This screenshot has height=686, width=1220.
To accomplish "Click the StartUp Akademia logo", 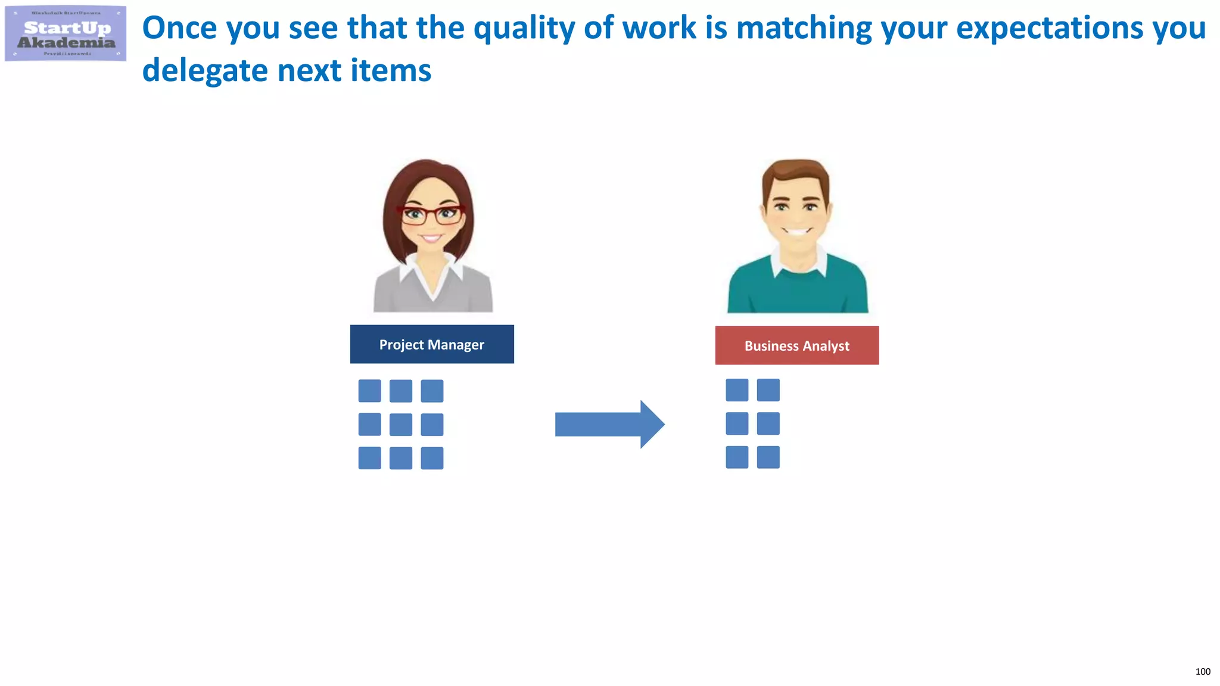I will pyautogui.click(x=66, y=33).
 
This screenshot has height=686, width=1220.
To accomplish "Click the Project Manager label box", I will pyautogui.click(x=432, y=344).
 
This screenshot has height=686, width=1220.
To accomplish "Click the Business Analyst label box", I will pyautogui.click(x=796, y=345).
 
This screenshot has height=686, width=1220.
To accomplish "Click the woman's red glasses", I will pyautogui.click(x=431, y=214).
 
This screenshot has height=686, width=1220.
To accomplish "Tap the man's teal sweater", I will pyautogui.click(x=798, y=292).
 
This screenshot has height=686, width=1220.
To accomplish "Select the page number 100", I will pyautogui.click(x=1202, y=672).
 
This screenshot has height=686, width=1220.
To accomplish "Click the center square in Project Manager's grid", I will pyautogui.click(x=401, y=425).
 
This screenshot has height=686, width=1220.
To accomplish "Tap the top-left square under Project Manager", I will pyautogui.click(x=369, y=391).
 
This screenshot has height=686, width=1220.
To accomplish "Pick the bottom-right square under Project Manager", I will pyautogui.click(x=432, y=458).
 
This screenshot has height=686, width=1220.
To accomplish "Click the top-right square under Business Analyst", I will pyautogui.click(x=768, y=390).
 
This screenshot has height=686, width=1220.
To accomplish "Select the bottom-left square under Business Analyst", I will pyautogui.click(x=737, y=457).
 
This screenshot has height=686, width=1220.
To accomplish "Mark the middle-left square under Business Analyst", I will pyautogui.click(x=737, y=423).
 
